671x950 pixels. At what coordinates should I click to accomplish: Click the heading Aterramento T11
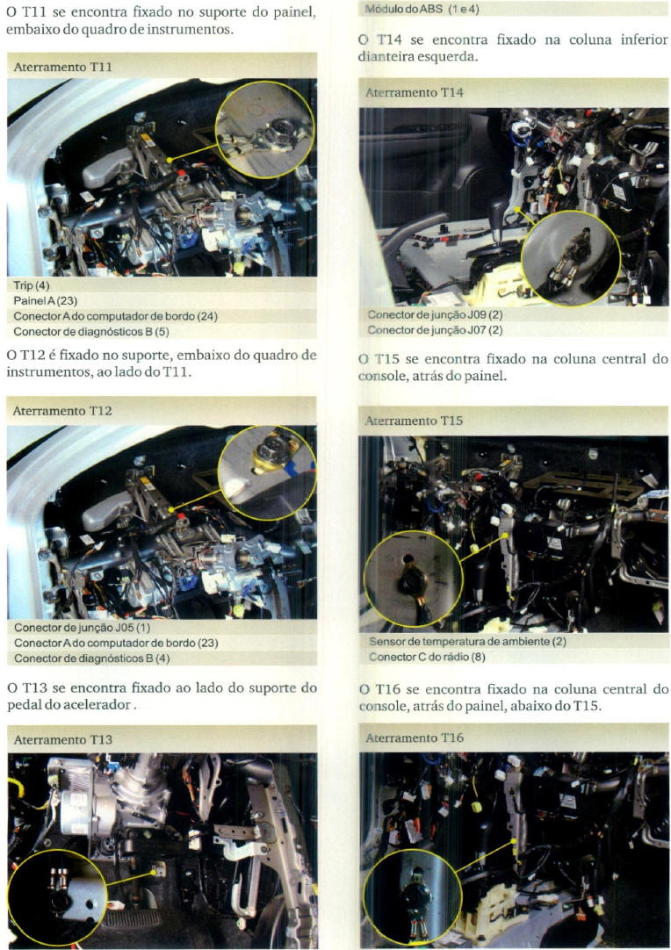tap(62, 67)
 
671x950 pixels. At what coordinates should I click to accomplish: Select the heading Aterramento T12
tap(61, 410)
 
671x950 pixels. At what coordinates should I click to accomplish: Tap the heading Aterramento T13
tap(62, 739)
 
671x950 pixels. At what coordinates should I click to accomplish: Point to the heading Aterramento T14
tap(414, 92)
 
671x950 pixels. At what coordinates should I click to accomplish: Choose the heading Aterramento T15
tap(414, 420)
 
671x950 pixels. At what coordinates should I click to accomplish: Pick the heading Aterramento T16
tap(414, 738)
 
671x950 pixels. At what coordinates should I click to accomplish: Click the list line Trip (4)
tap(32, 285)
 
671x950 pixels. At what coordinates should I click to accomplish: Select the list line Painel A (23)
tap(46, 300)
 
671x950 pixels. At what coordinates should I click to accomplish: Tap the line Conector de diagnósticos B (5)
tap(91, 331)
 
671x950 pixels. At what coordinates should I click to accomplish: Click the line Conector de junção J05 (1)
tap(82, 627)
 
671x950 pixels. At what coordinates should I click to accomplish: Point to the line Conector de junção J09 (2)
tap(435, 314)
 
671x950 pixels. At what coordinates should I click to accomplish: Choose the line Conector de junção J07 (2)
tap(435, 329)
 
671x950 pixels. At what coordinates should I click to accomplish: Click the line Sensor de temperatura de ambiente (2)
tap(467, 641)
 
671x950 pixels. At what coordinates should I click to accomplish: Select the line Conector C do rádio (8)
tap(427, 656)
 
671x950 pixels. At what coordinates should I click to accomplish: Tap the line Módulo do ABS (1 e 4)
tap(422, 9)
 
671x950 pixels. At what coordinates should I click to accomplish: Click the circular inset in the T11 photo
tap(265, 130)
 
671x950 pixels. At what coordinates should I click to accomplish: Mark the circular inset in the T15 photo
tap(414, 579)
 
